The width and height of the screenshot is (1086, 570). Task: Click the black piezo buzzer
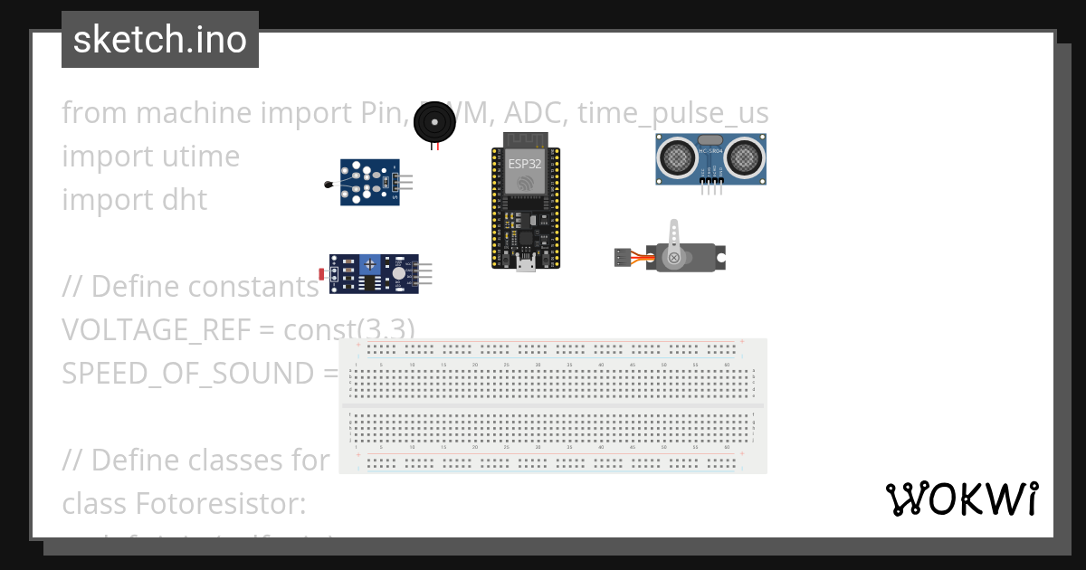coord(435,122)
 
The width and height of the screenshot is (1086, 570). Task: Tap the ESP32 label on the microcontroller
coord(525,164)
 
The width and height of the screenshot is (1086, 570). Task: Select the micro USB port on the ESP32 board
coord(526,263)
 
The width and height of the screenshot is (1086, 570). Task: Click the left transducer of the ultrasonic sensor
coord(676,158)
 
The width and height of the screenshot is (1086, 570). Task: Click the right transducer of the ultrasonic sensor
coord(747,158)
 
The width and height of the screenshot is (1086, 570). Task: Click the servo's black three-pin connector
coord(622,257)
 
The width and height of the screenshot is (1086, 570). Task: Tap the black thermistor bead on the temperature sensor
coord(327,185)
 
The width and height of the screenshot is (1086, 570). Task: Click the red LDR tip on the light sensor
coord(322,273)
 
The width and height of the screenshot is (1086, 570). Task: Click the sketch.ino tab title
coord(160,40)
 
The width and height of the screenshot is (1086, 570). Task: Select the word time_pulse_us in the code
coord(672,113)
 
